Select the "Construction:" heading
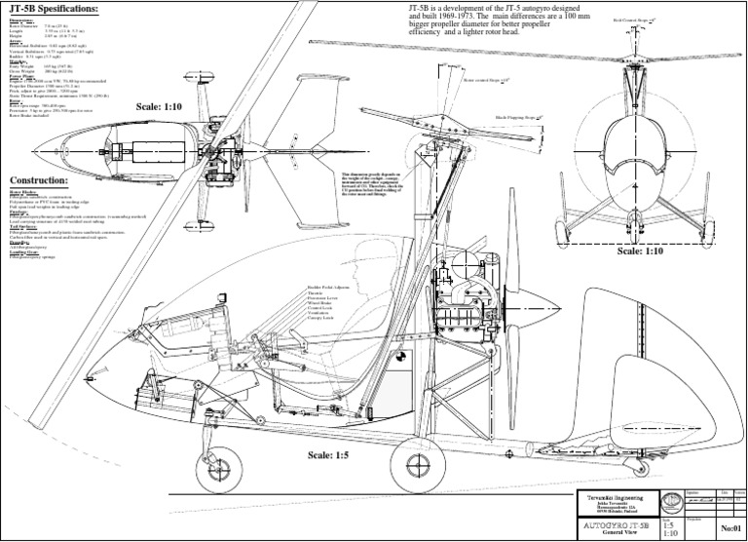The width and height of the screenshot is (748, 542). pyautogui.click(x=38, y=181)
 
